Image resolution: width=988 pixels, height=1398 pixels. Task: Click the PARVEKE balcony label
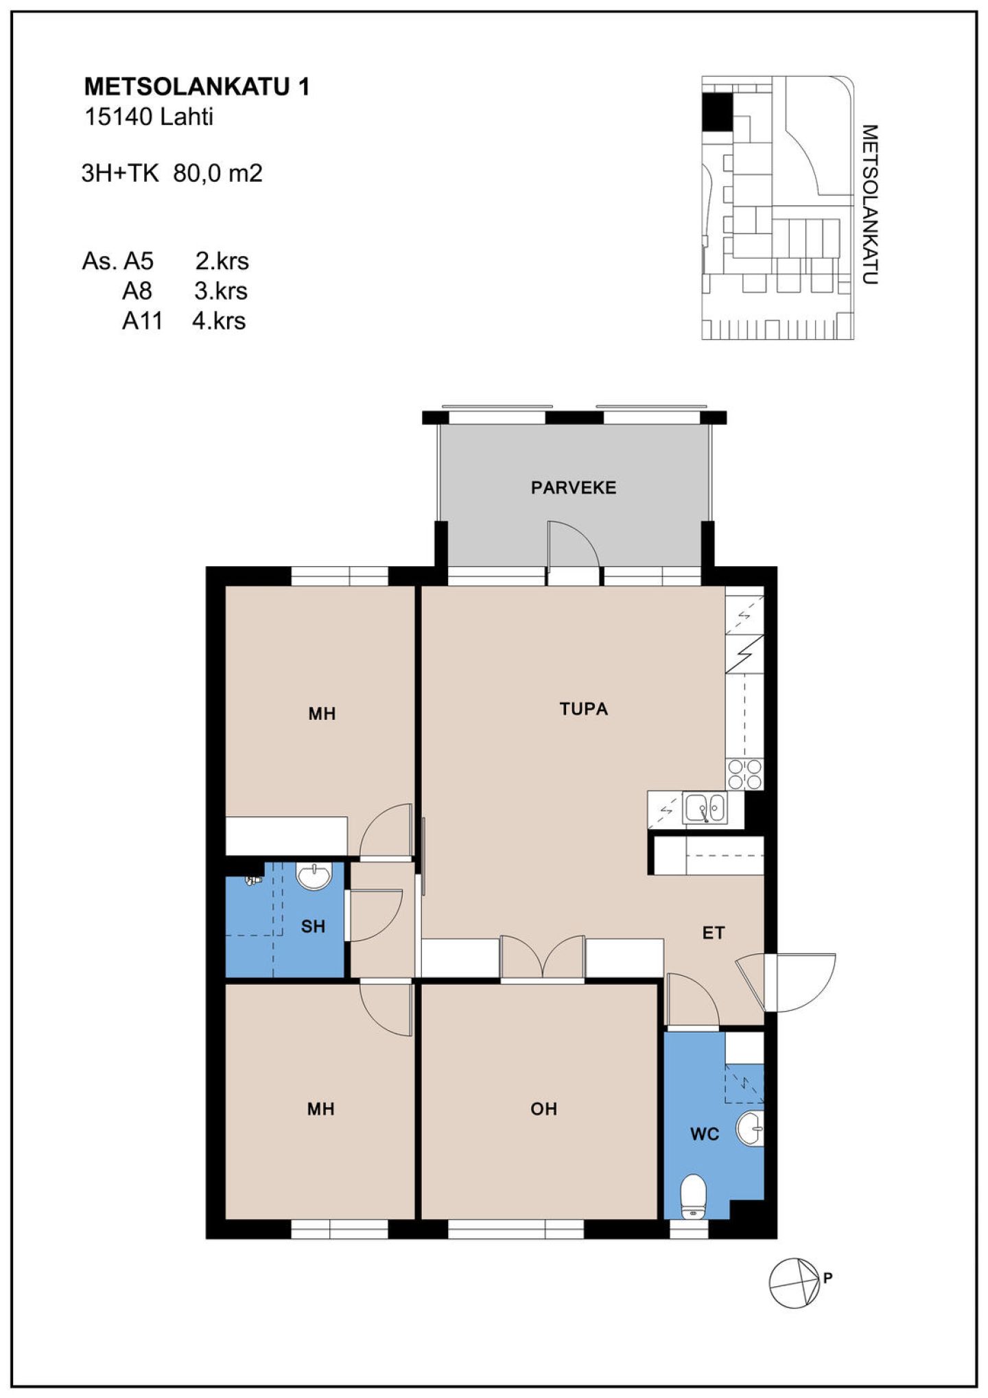(574, 488)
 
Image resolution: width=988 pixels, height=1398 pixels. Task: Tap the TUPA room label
(584, 709)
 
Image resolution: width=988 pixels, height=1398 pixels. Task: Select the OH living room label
(544, 1109)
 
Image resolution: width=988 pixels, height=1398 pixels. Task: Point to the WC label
(705, 1134)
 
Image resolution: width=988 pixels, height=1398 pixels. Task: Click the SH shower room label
(313, 927)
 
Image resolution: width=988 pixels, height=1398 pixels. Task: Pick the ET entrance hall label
(714, 933)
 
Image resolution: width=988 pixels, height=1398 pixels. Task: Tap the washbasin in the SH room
(314, 876)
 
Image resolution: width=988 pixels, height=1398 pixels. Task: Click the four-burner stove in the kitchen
(744, 774)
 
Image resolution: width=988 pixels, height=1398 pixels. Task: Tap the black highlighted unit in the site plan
(718, 111)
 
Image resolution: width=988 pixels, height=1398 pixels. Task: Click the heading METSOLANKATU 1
(197, 86)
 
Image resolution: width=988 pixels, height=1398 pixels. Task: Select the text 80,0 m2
(218, 173)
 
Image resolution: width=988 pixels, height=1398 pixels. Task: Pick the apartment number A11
(142, 321)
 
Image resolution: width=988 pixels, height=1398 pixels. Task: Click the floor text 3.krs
(221, 291)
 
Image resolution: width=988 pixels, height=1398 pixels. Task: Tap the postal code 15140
(118, 117)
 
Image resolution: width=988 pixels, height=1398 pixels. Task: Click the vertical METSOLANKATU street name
(869, 205)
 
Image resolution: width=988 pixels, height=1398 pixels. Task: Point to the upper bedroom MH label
(322, 714)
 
